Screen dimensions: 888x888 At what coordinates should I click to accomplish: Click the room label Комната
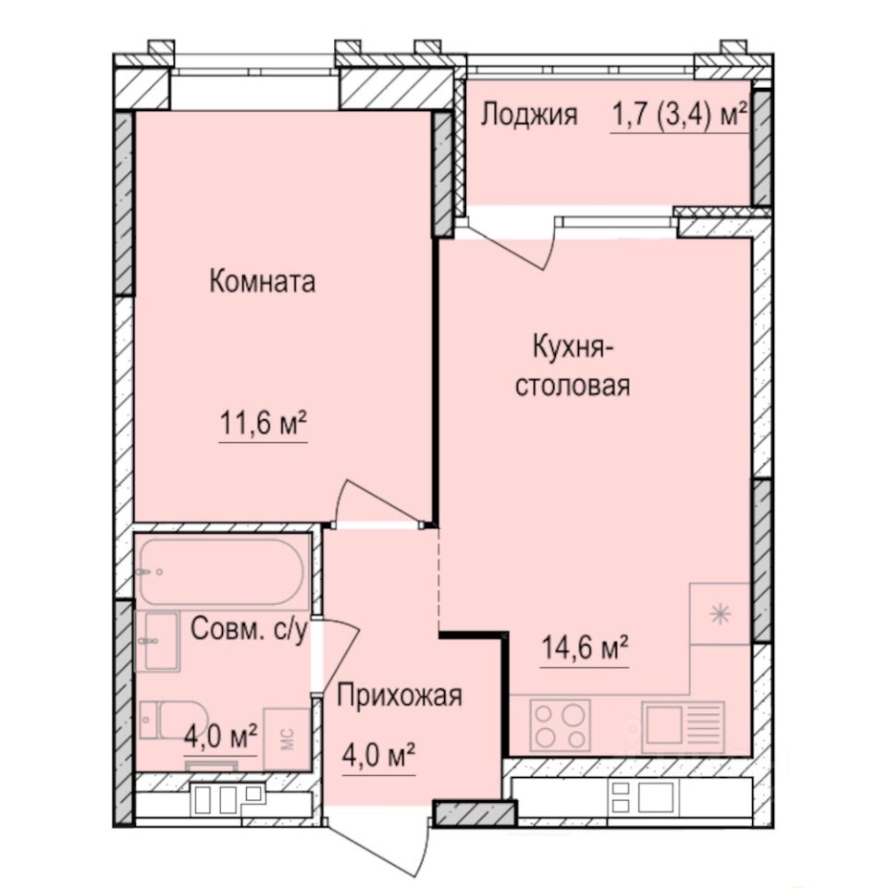click(263, 281)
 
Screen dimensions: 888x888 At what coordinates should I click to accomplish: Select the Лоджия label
click(529, 115)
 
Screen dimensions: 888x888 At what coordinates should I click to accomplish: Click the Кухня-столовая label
click(573, 366)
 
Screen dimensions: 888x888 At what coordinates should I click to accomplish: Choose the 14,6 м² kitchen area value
click(585, 647)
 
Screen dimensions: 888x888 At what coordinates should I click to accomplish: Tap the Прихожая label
click(399, 696)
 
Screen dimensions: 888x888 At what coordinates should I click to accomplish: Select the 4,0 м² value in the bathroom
click(220, 737)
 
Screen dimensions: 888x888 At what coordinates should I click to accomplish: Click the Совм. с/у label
click(248, 630)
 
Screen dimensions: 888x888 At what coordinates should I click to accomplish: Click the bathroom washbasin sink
click(156, 640)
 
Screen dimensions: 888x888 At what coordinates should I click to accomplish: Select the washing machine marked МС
click(287, 738)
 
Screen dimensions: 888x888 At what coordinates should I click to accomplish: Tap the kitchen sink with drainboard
click(684, 724)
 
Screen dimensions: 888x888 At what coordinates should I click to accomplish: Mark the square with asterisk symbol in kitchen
click(720, 614)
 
